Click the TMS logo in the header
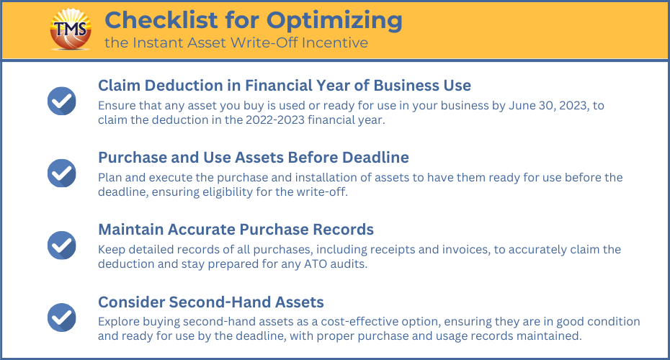click(71, 30)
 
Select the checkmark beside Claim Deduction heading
click(61, 102)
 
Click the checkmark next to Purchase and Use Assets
click(61, 174)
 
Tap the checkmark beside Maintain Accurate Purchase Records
click(61, 246)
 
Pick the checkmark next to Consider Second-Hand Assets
click(61, 318)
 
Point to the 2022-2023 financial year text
click(316, 120)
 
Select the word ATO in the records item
click(316, 264)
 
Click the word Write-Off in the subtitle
click(264, 42)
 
